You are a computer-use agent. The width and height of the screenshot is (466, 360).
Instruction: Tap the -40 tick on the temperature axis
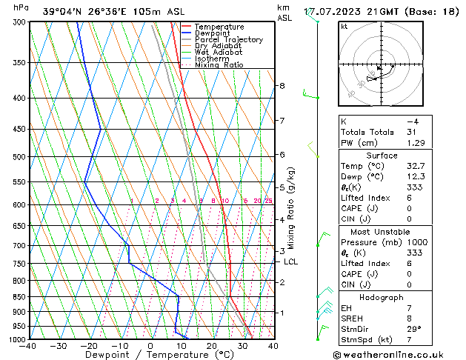pos(28,345)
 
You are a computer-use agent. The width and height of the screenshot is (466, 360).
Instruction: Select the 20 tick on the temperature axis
pos(212,345)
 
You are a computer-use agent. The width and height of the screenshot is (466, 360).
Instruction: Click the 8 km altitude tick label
pos(282,86)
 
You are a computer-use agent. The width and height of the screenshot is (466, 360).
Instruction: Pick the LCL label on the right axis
pos(290,261)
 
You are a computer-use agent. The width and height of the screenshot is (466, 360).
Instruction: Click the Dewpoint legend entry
pos(215,33)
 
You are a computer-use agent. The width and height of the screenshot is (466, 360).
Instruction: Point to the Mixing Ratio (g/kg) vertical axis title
pos(291,208)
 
